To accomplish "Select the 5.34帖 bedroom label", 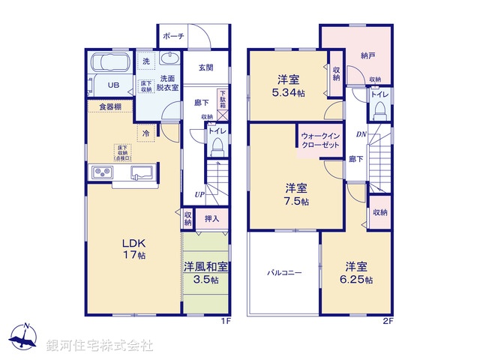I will coord(289,85).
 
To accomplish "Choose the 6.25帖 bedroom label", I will coord(356,272).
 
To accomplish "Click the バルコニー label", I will coord(284,273).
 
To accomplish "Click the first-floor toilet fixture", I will coord(217,147).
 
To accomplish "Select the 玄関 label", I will coord(205,67).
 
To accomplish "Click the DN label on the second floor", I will coord(360,135).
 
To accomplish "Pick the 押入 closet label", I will coord(211,219).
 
